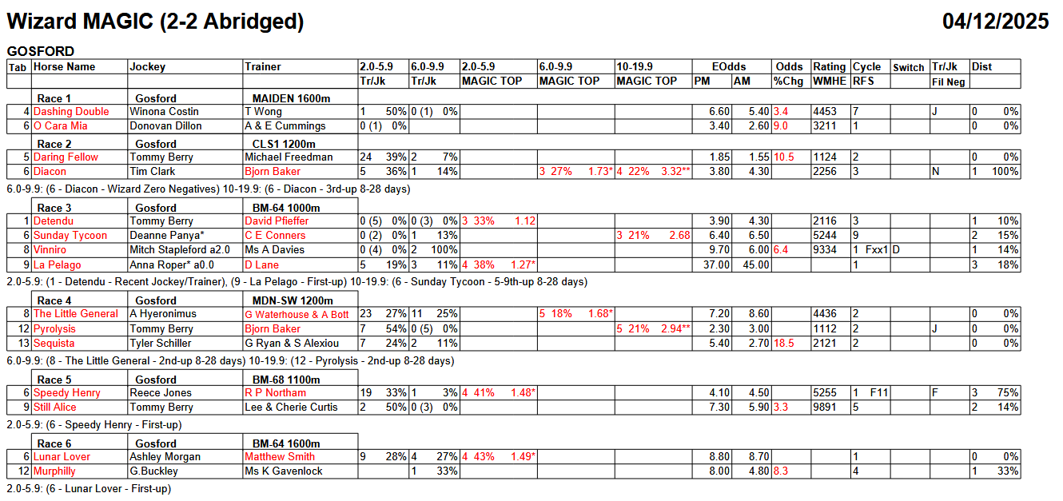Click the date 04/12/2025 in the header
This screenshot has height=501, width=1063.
point(995,21)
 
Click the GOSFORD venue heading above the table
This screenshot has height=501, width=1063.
point(41,51)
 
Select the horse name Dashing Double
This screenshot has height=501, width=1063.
point(71,112)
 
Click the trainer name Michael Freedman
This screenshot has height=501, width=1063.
point(289,157)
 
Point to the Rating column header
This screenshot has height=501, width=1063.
point(829,67)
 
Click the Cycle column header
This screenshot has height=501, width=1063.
point(866,67)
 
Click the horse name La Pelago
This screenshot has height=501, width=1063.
point(57,265)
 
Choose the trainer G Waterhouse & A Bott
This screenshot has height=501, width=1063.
point(297,314)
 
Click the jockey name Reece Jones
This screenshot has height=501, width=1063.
point(161,393)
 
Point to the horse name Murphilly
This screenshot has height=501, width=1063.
point(54,471)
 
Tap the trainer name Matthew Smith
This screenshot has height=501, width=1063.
point(280,457)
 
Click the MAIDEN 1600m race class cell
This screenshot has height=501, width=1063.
point(286,98)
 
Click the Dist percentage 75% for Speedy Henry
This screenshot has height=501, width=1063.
point(1009,393)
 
